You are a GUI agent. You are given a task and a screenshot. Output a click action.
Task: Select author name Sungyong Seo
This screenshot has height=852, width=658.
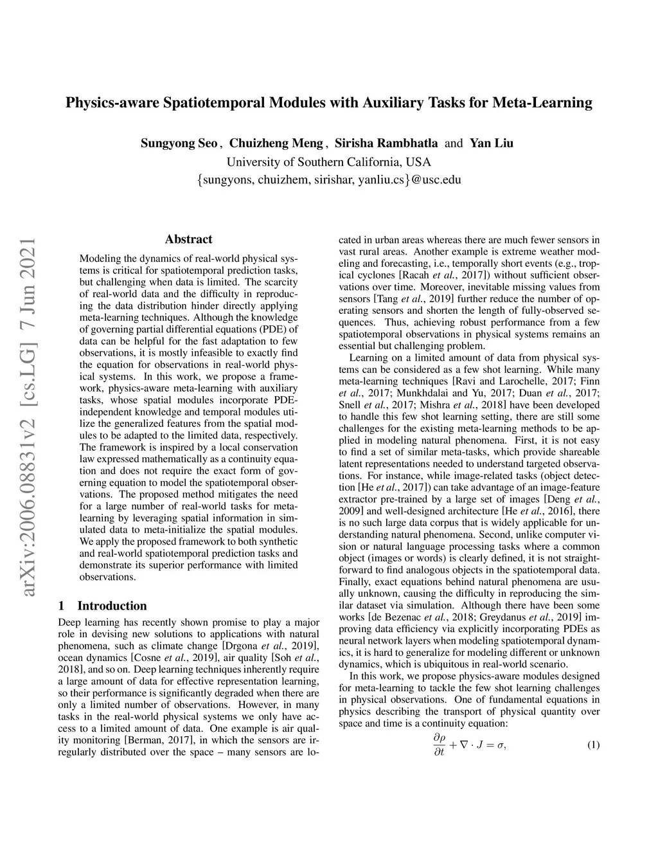179,143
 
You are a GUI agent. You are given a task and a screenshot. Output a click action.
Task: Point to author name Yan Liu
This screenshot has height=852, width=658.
492,143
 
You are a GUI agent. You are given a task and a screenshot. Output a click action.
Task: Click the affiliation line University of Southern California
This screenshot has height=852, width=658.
328,162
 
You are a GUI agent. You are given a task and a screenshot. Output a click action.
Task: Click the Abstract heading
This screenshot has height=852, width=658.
188,239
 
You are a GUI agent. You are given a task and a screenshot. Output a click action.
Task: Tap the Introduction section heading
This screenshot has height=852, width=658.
112,606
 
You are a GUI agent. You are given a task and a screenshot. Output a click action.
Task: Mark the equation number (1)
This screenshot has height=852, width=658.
593,745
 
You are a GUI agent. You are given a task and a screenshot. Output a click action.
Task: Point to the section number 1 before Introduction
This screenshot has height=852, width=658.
61,606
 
